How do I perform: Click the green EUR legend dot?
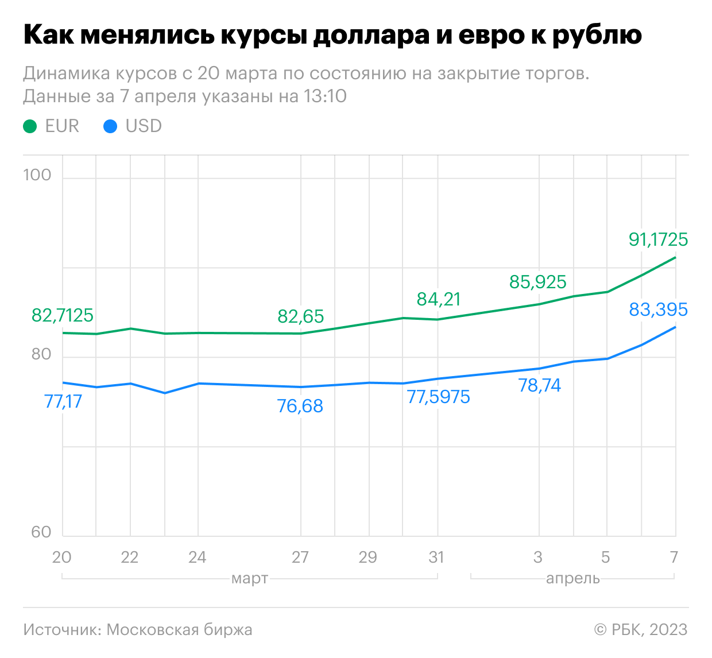[30, 126]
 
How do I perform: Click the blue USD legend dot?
[110, 126]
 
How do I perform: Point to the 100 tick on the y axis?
[37, 175]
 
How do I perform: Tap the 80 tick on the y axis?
[41, 354]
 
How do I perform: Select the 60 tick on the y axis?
[41, 532]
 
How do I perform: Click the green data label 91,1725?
[658, 239]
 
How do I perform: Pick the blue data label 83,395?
[658, 309]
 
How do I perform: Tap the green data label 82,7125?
[63, 316]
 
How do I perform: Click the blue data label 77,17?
[63, 401]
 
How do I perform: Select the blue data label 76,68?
[300, 407]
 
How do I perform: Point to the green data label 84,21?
[438, 299]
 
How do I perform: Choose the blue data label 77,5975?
[438, 397]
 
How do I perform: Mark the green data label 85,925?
[538, 282]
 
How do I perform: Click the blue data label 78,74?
[540, 385]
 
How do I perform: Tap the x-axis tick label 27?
[300, 558]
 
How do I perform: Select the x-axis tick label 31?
[436, 558]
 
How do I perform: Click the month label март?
[250, 578]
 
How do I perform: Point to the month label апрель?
[573, 578]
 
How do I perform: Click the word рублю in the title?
[597, 36]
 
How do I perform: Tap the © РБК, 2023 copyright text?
[641, 630]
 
